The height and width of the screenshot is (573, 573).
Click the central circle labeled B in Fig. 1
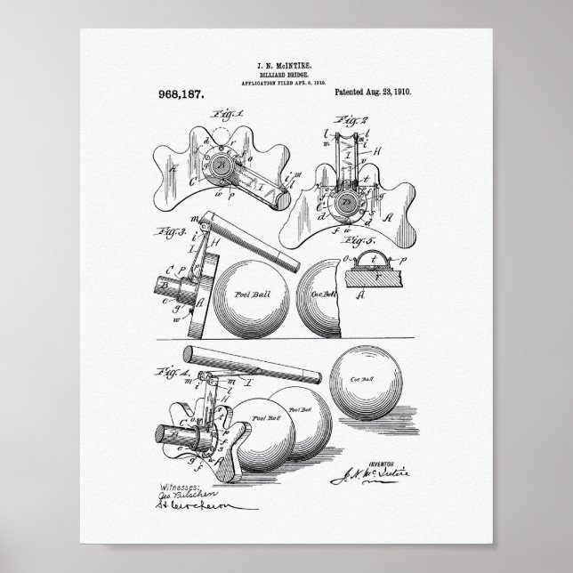pos(218,162)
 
